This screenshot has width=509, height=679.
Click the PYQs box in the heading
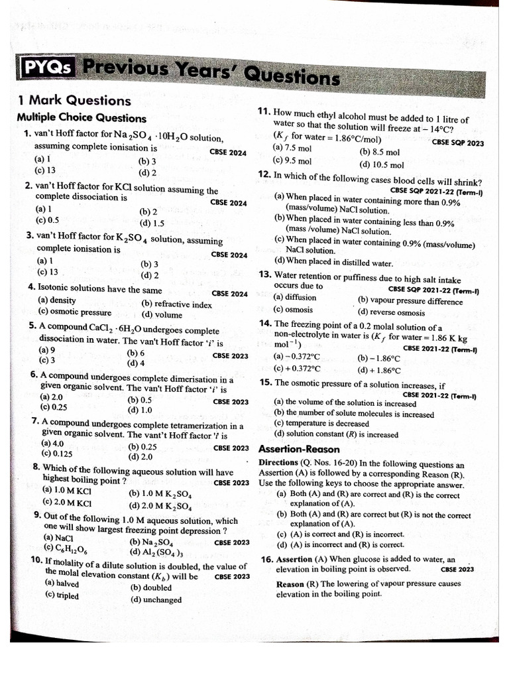[x=47, y=68]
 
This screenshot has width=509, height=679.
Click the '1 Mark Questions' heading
[x=74, y=101]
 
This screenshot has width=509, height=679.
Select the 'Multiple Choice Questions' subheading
[x=82, y=117]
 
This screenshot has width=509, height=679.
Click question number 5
[x=32, y=326]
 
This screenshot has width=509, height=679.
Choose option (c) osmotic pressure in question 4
[x=74, y=312]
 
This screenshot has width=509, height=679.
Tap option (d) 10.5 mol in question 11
[x=381, y=165]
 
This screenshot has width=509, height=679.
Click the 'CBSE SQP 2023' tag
[x=457, y=143]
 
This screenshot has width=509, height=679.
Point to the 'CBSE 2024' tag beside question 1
[x=228, y=153]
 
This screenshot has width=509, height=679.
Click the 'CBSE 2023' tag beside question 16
[x=457, y=569]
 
